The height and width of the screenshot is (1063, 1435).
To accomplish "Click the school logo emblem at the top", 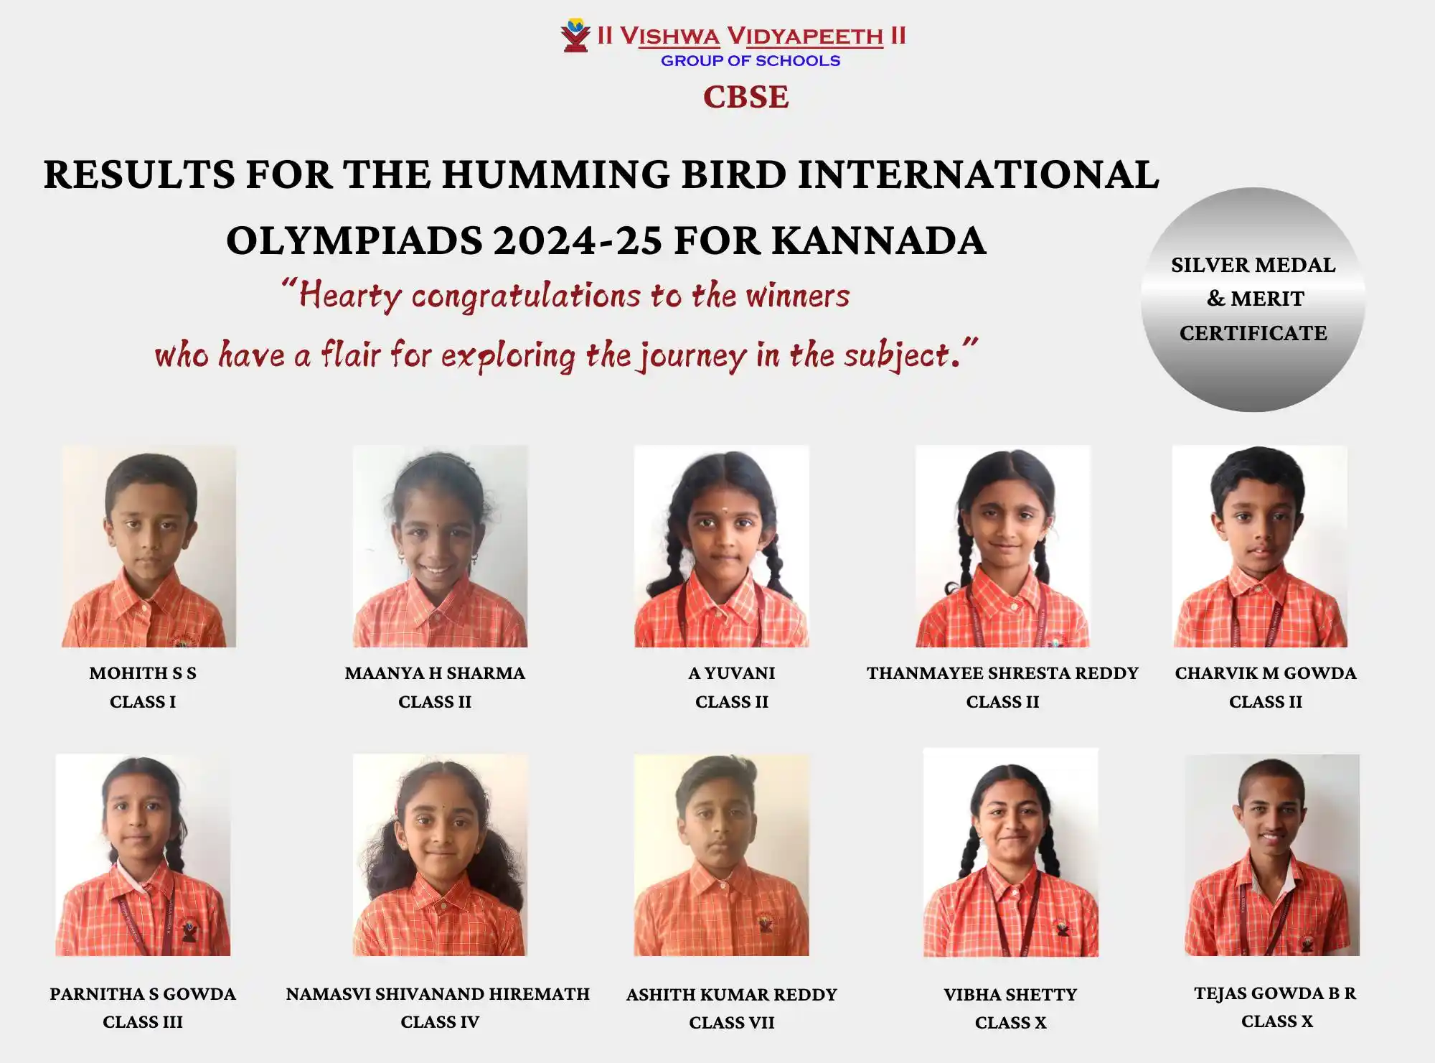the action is pyautogui.click(x=575, y=35).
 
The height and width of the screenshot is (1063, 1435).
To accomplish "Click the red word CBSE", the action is pyautogui.click(x=746, y=97).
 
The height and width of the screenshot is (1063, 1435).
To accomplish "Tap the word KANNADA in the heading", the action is pyautogui.click(x=879, y=240).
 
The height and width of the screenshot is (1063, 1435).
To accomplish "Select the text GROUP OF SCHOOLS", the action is pyautogui.click(x=751, y=61).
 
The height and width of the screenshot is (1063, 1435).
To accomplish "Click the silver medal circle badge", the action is pyautogui.click(x=1253, y=299).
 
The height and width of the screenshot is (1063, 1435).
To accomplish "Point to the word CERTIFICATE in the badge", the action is pyautogui.click(x=1253, y=333).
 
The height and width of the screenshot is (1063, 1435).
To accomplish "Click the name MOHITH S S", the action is pyautogui.click(x=143, y=673).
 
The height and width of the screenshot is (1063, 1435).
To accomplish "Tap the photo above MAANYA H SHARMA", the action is pyautogui.click(x=440, y=546).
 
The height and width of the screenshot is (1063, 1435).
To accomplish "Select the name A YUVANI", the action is pyautogui.click(x=732, y=673).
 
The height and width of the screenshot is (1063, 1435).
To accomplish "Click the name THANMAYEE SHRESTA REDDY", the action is pyautogui.click(x=1002, y=673).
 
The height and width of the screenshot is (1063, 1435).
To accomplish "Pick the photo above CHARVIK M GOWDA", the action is pyautogui.click(x=1260, y=546).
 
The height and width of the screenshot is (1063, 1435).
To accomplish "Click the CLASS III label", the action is pyautogui.click(x=143, y=1022).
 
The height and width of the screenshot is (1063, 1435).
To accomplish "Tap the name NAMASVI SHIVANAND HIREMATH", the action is pyautogui.click(x=438, y=994).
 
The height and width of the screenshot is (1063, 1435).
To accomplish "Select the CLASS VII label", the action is pyautogui.click(x=732, y=1023).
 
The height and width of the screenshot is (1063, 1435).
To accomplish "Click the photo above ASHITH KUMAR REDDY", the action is pyautogui.click(x=721, y=855).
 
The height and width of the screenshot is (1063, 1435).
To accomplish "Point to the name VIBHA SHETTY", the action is pyautogui.click(x=1010, y=995).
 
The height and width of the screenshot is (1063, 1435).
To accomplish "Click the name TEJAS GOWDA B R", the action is pyautogui.click(x=1275, y=993).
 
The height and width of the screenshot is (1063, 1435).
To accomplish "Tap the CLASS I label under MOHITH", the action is pyautogui.click(x=143, y=702).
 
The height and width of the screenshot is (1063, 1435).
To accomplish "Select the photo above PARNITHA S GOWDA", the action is pyautogui.click(x=143, y=855).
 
